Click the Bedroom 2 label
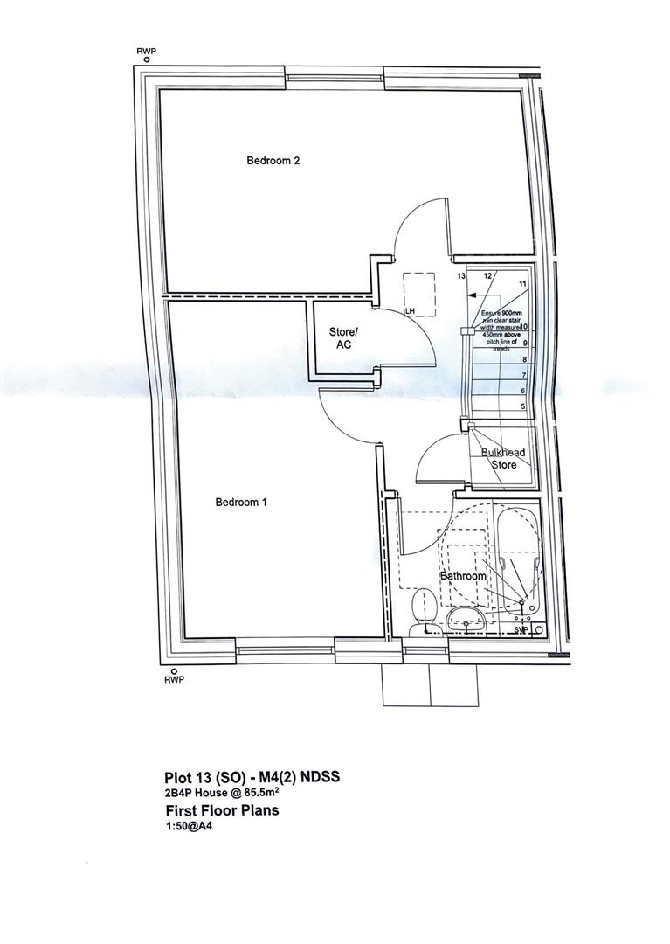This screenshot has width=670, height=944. pyautogui.click(x=273, y=161)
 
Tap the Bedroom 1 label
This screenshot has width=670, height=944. pyautogui.click(x=243, y=503)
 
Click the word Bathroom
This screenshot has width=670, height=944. pyautogui.click(x=462, y=577)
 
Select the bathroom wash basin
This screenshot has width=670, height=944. pyautogui.click(x=467, y=621)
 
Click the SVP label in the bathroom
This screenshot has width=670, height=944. pyautogui.click(x=521, y=629)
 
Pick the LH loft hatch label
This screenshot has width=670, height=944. pyautogui.click(x=409, y=311)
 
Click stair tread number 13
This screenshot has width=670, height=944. pyautogui.click(x=462, y=276)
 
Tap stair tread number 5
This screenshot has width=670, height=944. pyautogui.click(x=523, y=406)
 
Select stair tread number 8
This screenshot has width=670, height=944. pyautogui.click(x=523, y=359)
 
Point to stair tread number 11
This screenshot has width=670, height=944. pyautogui.click(x=522, y=285)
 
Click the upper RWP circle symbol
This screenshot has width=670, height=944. pyautogui.click(x=147, y=60)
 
